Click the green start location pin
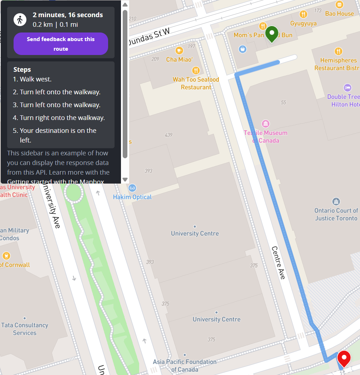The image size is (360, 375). [x=272, y=34]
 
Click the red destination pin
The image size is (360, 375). [x=344, y=358]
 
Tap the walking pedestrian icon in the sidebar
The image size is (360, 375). [x=20, y=19]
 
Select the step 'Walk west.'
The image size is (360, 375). [x=35, y=79]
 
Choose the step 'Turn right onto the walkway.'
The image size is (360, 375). [x=62, y=118]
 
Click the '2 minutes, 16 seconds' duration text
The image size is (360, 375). [x=68, y=15]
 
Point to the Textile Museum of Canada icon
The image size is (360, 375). [x=265, y=124]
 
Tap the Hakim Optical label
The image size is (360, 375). [x=132, y=197]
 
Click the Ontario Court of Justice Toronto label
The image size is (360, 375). [x=336, y=214]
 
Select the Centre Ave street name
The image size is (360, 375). [x=278, y=262]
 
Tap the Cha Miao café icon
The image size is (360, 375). [x=179, y=50]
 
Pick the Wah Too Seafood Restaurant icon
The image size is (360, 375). [x=196, y=70]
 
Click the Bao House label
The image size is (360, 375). [x=339, y=14]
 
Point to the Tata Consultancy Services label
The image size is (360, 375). [x=25, y=329]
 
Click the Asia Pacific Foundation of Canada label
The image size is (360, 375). [x=184, y=365]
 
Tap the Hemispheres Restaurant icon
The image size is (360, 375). [x=338, y=51]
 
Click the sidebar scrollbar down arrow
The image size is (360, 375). [x=125, y=179]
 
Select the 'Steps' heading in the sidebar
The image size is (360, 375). [x=22, y=70]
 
